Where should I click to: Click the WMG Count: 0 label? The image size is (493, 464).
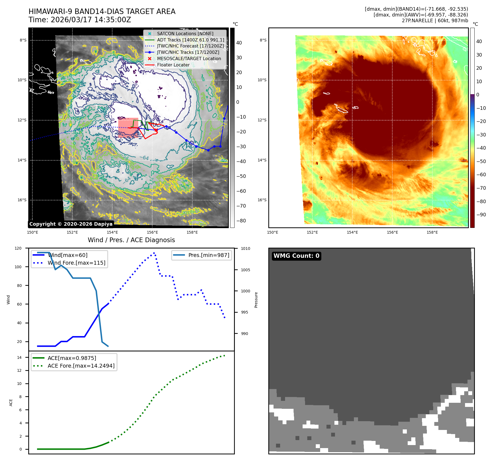(296, 256)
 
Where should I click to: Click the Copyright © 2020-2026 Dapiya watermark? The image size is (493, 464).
(71, 224)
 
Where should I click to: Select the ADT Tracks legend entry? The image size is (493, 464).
(190, 40)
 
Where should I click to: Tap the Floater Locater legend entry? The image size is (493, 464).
(173, 65)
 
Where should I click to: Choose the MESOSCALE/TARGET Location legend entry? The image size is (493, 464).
(189, 59)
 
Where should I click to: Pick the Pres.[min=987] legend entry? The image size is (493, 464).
(209, 255)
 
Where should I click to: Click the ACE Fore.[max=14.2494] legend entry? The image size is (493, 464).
(81, 366)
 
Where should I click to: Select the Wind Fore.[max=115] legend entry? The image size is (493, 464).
(76, 263)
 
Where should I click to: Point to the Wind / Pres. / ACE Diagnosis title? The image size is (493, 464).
(131, 240)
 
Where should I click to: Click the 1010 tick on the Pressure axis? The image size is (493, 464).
(246, 249)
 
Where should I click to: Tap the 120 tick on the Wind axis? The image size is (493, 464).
(18, 248)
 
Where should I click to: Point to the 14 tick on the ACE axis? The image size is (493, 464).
(19, 357)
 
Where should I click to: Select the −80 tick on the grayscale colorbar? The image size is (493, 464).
(241, 221)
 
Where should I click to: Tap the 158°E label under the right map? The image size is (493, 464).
(432, 233)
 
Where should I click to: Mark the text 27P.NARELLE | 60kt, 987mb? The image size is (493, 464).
(435, 21)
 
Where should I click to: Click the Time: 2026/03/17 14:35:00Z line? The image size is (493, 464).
(80, 20)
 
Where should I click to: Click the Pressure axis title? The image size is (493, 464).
(256, 300)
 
